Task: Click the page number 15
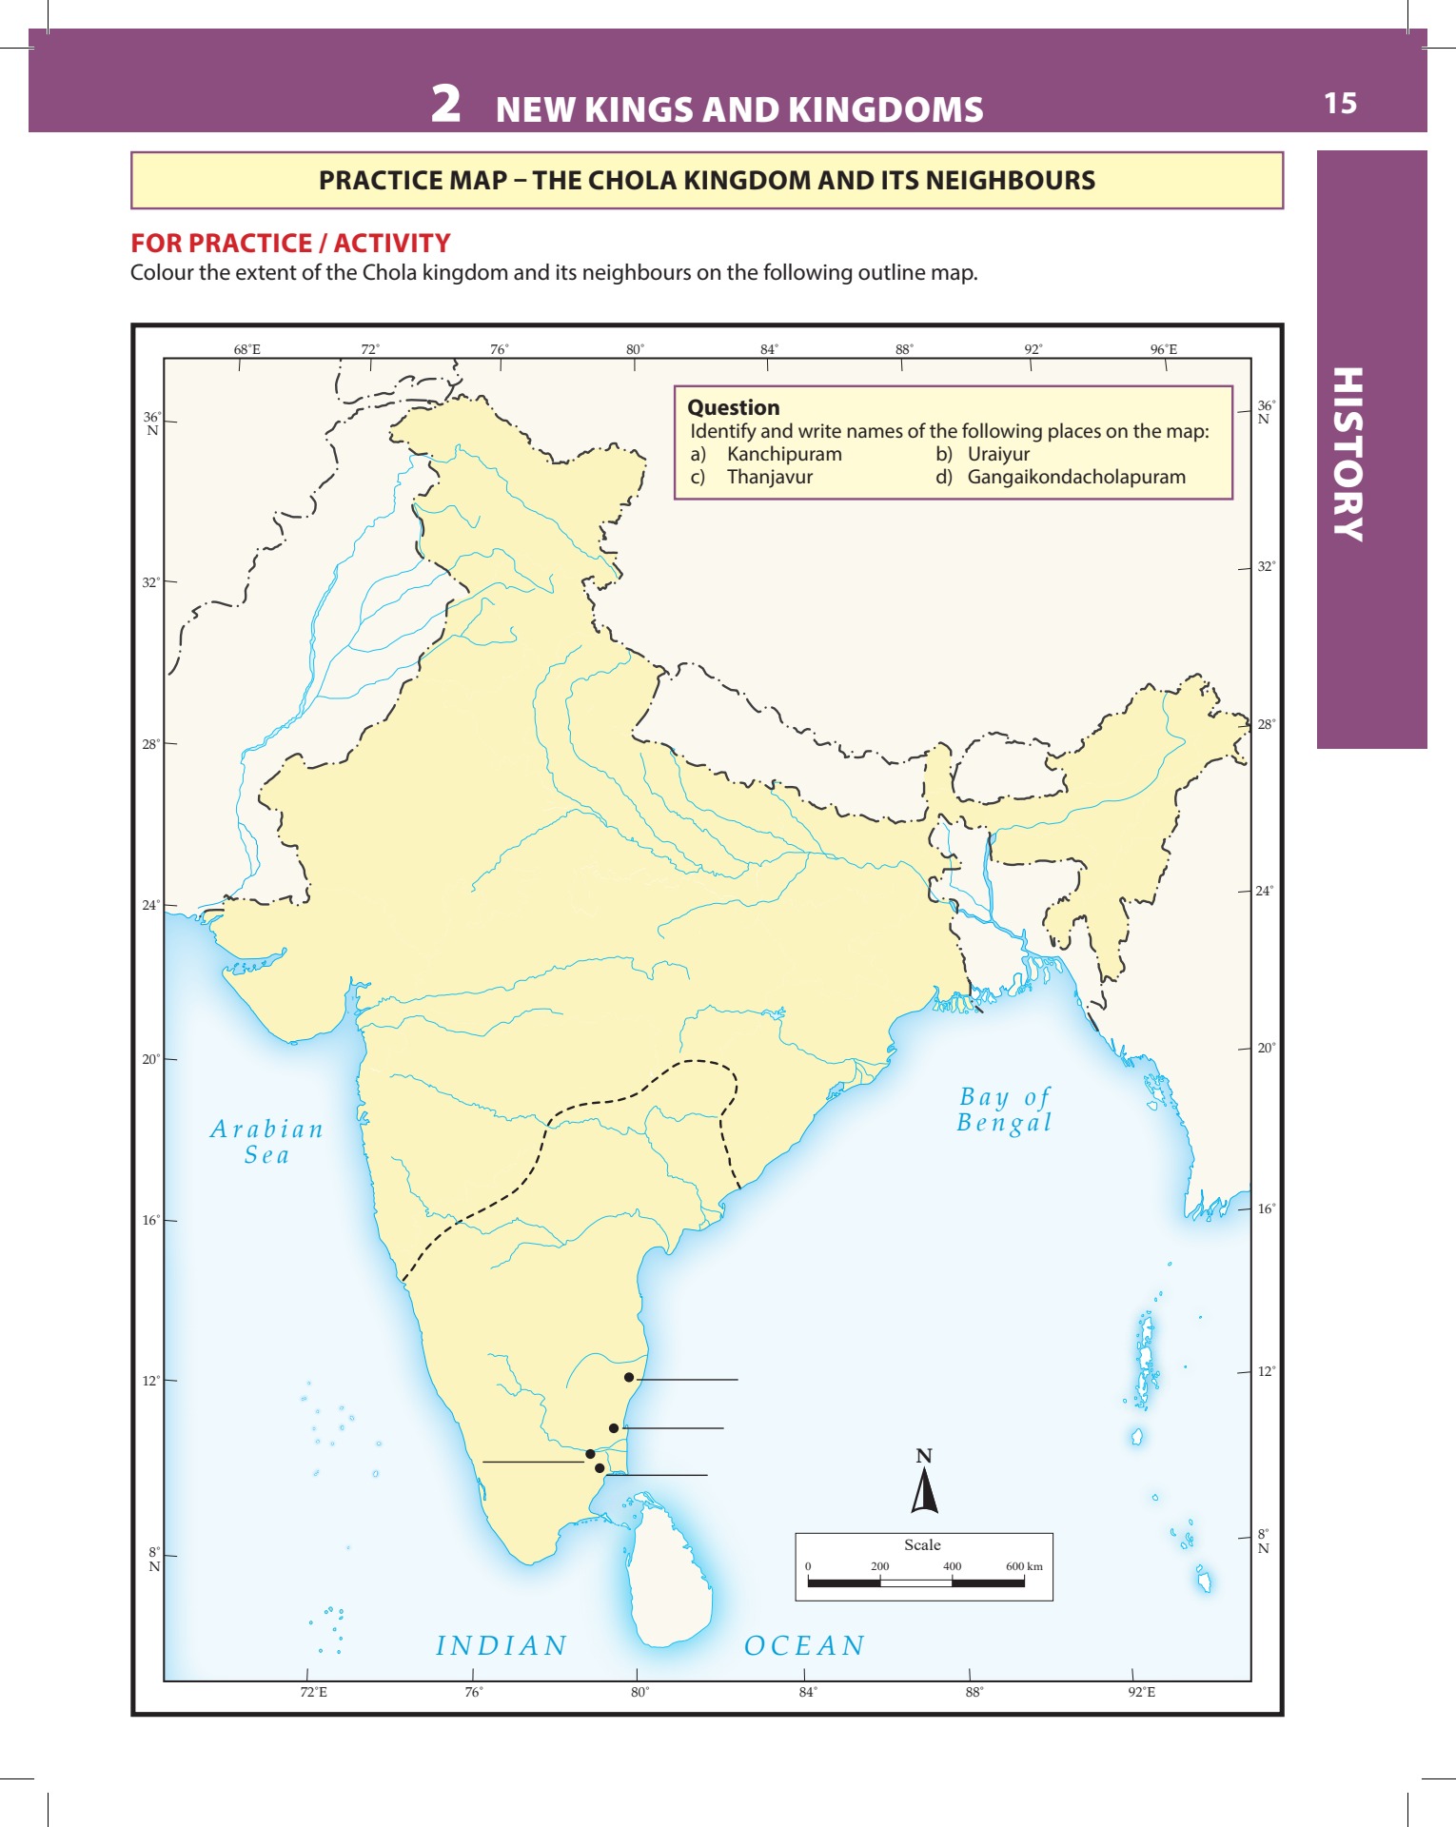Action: click(1340, 103)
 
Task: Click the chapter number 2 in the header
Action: click(445, 104)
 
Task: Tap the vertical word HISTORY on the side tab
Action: click(1348, 454)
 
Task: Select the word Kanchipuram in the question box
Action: click(784, 454)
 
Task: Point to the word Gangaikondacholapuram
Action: click(1076, 477)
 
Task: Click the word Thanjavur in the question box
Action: click(769, 477)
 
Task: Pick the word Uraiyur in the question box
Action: click(998, 454)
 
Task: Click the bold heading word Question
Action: click(733, 407)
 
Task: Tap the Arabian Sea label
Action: click(266, 1142)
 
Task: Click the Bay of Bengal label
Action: click(1005, 1110)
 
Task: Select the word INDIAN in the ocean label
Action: click(502, 1645)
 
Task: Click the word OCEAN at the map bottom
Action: click(804, 1645)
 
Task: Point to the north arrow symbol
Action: click(924, 1491)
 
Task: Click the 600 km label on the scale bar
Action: click(1024, 1566)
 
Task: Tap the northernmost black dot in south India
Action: click(629, 1377)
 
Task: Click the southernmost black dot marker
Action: click(600, 1468)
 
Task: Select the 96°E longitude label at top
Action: click(1163, 349)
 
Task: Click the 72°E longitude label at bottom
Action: click(313, 1692)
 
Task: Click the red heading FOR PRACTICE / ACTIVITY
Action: click(290, 244)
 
